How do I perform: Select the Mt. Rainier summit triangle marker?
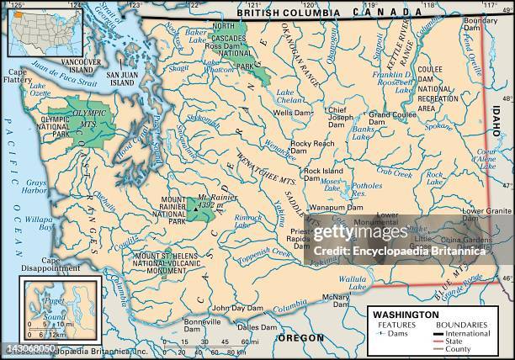(198, 206)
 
